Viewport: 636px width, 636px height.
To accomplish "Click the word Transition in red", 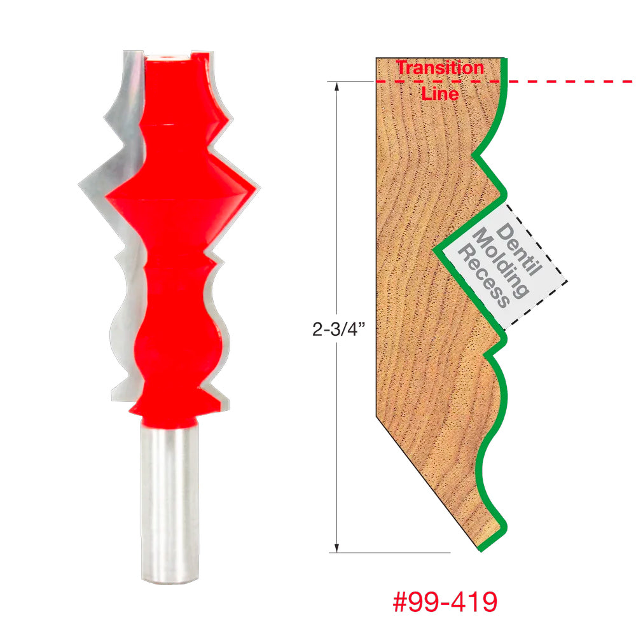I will (x=439, y=67).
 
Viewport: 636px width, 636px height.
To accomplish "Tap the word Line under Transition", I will (x=439, y=93).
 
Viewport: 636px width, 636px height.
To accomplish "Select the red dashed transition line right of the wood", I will (x=572, y=81).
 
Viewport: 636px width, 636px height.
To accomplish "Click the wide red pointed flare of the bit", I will (x=181, y=191).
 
